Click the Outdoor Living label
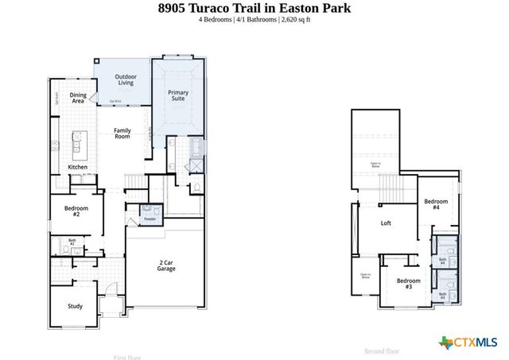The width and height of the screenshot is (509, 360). click(x=126, y=79)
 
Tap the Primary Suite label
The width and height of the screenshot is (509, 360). click(x=178, y=96)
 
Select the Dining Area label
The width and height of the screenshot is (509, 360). click(x=77, y=99)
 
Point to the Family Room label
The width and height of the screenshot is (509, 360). click(x=122, y=134)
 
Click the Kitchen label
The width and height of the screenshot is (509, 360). click(x=77, y=168)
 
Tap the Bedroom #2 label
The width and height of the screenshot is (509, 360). click(x=76, y=211)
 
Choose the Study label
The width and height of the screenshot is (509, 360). click(x=75, y=306)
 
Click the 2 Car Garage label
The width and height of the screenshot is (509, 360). click(x=165, y=265)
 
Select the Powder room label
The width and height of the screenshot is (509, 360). click(x=149, y=219)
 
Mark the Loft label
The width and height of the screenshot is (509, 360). click(x=386, y=223)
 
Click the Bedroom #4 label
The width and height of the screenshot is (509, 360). click(x=436, y=204)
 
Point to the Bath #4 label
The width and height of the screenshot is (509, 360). click(x=442, y=261)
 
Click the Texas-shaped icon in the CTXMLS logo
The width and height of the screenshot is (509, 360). click(x=445, y=343)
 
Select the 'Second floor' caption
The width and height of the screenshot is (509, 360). click(x=382, y=351)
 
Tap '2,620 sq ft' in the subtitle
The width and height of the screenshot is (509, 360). click(x=295, y=19)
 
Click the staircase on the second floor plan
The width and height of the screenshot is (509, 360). click(x=390, y=189)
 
